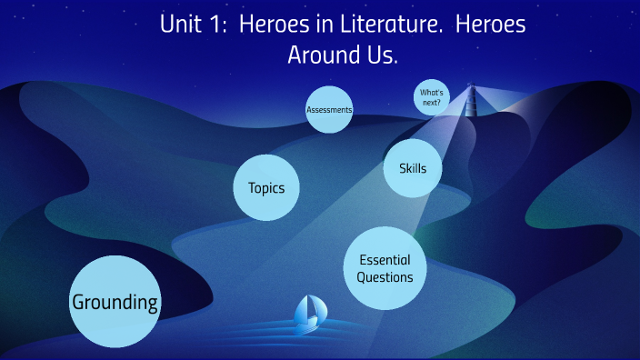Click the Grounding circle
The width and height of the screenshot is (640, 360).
click(115, 302)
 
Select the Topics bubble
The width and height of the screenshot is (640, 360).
click(266, 188)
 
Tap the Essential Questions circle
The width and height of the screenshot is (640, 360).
click(385, 268)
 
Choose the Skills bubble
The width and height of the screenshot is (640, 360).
click(413, 167)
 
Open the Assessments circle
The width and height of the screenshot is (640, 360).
click(329, 110)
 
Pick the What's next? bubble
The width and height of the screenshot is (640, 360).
click(432, 97)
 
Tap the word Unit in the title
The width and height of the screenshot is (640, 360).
click(182, 25)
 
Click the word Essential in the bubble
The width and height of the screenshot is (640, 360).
click(385, 260)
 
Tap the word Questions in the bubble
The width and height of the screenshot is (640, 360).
click(385, 277)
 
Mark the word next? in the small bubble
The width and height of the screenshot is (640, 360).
click(432, 103)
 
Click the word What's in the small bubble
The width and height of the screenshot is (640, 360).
click(432, 92)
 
